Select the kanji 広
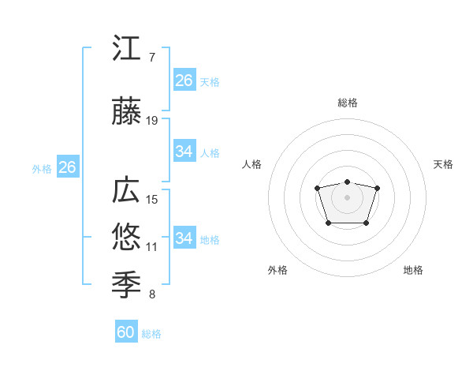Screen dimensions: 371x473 tap(127, 192)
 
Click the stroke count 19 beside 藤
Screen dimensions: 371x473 tap(152, 121)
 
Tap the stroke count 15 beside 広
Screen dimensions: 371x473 tap(152, 200)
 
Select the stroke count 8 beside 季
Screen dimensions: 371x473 tap(152, 295)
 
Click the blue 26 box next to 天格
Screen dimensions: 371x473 tap(184, 80)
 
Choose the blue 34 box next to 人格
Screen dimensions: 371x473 tap(184, 152)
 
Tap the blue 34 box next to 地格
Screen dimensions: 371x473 tap(184, 238)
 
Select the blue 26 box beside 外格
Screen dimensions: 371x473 tap(68, 167)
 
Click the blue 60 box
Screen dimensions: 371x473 tap(126, 332)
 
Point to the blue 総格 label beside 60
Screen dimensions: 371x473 tap(151, 334)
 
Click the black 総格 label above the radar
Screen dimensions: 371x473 tap(347, 103)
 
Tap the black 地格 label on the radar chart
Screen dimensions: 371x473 tap(413, 270)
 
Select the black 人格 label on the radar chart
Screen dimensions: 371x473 tap(251, 164)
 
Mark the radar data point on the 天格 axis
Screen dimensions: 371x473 tap(377, 188)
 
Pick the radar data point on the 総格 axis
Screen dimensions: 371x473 tap(347, 182)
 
